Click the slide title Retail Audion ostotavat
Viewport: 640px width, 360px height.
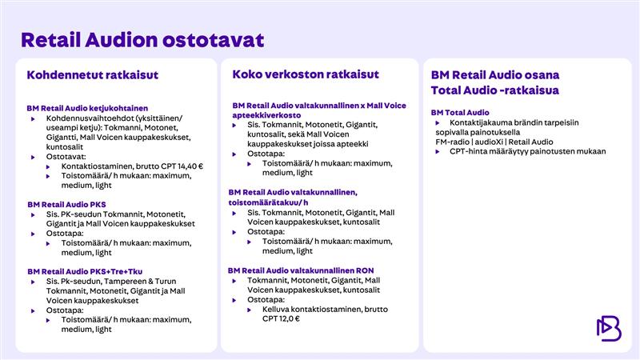[x=142, y=39]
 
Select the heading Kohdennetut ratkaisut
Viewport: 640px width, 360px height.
[x=93, y=75]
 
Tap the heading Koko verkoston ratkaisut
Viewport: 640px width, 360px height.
[x=306, y=74]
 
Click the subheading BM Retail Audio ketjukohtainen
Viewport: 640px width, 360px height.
[x=87, y=108]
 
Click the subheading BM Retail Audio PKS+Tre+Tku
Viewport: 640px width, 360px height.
[x=83, y=271]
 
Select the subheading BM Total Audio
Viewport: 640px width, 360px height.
[x=460, y=113]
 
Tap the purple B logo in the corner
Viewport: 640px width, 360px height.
[x=609, y=327]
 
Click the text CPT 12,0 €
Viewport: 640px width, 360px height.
[x=281, y=318]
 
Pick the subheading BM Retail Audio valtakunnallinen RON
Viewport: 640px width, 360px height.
[x=301, y=270]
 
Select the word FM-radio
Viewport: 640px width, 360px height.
[x=447, y=142]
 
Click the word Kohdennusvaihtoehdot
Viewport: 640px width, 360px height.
[x=89, y=118]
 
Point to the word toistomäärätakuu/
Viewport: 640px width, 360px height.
[x=262, y=202]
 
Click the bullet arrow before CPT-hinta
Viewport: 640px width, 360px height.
[x=438, y=151]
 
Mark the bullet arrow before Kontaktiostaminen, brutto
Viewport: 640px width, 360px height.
[x=50, y=166]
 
